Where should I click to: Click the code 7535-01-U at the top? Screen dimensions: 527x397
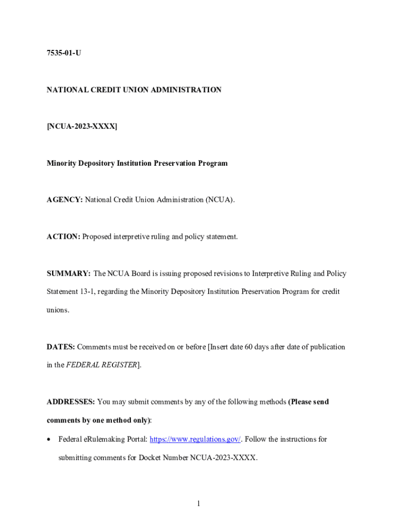click(64, 53)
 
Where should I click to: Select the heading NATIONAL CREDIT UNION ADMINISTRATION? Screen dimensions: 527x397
click(134, 90)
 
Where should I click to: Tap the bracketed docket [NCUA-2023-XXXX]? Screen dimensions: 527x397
click(82, 127)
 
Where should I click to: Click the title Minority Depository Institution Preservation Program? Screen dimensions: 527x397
click(137, 163)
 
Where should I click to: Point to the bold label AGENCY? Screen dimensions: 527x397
click(64, 200)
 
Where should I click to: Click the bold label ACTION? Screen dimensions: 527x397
click(63, 237)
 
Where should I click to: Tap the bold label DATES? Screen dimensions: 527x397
click(61, 347)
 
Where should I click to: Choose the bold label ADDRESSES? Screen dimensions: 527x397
click(71, 401)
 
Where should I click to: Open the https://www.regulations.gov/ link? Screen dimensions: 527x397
click(195, 439)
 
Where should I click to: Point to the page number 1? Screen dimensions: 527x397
click(198, 503)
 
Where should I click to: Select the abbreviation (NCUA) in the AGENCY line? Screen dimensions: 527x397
click(220, 200)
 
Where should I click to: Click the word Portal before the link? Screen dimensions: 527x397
click(136, 439)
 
